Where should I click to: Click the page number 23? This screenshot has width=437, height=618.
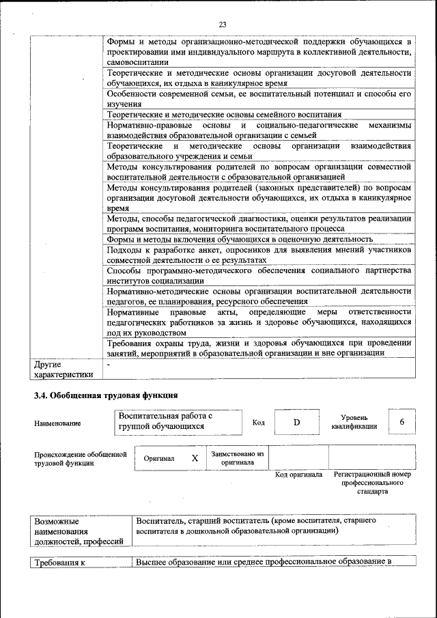(223, 25)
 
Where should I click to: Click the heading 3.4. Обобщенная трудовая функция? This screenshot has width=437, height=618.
(106, 395)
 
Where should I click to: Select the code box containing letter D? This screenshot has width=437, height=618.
(297, 422)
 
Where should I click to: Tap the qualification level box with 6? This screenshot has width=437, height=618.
(402, 422)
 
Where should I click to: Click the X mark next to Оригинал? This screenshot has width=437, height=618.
(195, 458)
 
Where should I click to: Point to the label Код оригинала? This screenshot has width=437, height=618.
(298, 474)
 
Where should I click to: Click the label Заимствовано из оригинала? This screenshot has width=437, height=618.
(238, 458)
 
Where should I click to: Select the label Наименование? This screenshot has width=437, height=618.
(57, 423)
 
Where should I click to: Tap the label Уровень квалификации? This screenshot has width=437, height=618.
(354, 421)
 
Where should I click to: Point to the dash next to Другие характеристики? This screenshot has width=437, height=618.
(109, 365)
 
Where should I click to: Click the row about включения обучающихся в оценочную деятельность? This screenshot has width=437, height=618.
(240, 239)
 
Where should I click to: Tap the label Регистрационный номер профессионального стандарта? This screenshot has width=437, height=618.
(373, 482)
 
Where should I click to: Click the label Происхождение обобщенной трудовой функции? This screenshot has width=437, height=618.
(81, 458)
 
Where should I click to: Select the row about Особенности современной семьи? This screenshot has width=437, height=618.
(259, 98)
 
